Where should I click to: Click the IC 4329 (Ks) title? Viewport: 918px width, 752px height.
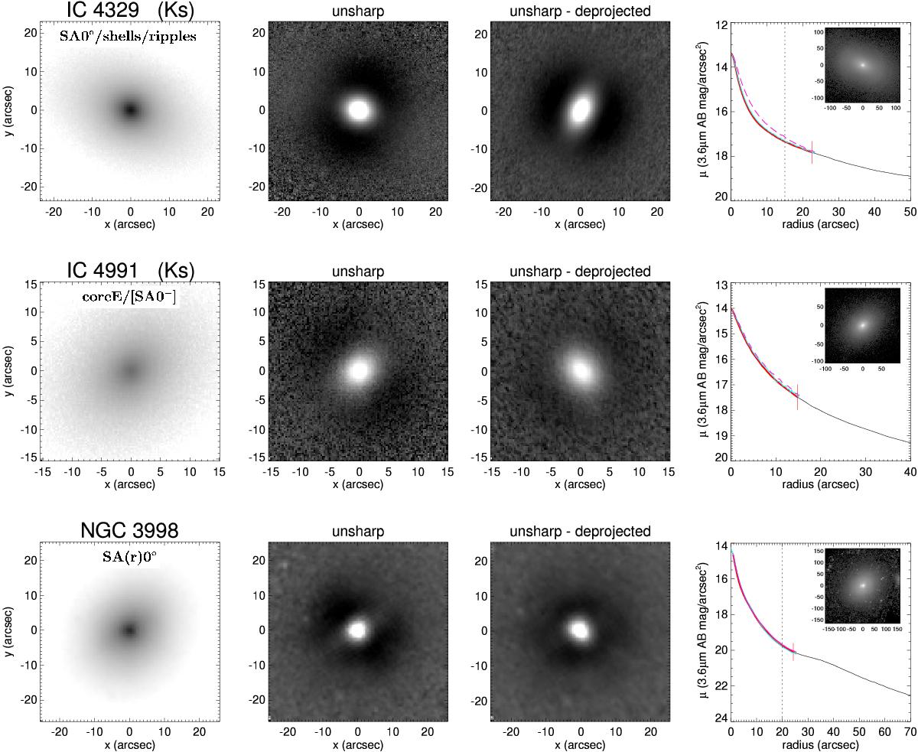130,10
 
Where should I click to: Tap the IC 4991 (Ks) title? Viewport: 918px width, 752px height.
130,270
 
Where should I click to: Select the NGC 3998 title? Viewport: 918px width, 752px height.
130,530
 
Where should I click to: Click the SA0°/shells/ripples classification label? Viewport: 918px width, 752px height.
128,36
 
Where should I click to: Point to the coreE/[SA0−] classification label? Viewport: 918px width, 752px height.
129,298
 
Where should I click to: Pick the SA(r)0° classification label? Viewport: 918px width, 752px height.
130,557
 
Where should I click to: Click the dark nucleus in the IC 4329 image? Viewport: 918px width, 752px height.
130,110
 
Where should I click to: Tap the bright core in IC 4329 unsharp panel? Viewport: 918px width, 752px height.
358,110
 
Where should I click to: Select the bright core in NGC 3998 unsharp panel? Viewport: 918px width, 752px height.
357,630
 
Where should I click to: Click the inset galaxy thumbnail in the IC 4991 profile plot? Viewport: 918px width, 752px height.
862,325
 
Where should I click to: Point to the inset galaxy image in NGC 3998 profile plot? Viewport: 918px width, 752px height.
862,585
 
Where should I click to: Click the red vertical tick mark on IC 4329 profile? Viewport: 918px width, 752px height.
812,152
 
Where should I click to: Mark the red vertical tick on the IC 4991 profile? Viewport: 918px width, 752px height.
797,397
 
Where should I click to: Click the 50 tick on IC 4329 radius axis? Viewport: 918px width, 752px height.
910,211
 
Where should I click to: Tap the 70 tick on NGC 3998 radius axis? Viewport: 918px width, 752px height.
910,732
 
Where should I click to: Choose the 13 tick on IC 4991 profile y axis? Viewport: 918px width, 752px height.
721,285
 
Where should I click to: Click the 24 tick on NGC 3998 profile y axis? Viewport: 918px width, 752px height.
721,718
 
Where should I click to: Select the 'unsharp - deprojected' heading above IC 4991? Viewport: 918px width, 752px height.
580,272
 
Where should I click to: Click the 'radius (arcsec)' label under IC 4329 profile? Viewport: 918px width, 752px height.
821,224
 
